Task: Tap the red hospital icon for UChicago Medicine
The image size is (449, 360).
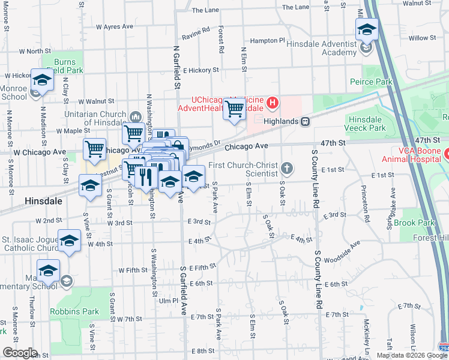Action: pos(273,104)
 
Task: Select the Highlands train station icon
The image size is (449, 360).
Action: pos(306,121)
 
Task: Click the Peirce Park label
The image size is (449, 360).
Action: pos(371,82)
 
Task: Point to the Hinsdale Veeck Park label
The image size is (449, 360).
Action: pos(366,124)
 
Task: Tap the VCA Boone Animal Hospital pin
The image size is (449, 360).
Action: pos(447,155)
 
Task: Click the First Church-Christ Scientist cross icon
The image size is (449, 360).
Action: pos(288,169)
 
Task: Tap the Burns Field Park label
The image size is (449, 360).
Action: pos(65,66)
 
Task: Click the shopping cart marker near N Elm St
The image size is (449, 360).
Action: pos(235,109)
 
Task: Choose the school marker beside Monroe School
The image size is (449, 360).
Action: pos(41,80)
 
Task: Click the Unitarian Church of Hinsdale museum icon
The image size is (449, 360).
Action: pos(134,116)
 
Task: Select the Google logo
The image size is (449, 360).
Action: pos(20,353)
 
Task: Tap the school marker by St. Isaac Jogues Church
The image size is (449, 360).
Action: pos(69,241)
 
